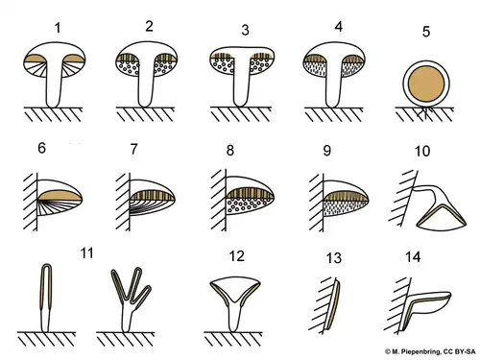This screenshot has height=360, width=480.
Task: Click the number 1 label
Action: click(x=58, y=28)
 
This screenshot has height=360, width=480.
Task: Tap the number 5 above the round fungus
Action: click(x=426, y=32)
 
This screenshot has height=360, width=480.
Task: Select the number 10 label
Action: click(x=422, y=151)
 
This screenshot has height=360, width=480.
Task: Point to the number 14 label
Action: click(x=413, y=257)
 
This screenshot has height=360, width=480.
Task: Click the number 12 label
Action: click(x=237, y=256)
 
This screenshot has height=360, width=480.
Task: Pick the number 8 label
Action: click(x=230, y=150)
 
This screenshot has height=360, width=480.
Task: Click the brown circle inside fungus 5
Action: click(x=426, y=84)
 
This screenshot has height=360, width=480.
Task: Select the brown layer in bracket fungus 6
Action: click(x=60, y=196)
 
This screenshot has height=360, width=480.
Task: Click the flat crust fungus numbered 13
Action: click(x=333, y=305)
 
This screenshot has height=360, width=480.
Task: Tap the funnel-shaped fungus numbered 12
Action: click(x=235, y=304)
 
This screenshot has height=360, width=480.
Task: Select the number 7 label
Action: click(x=133, y=149)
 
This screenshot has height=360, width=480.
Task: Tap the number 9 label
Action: click(x=326, y=151)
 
